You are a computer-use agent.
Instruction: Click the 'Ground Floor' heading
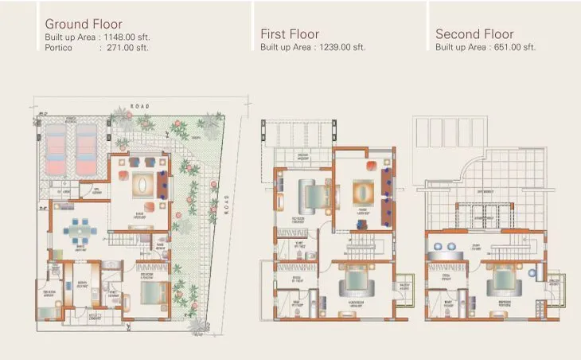84,24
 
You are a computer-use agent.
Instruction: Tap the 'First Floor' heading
290,34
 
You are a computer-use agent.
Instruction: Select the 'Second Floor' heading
474,34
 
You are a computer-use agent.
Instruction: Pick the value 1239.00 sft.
341,47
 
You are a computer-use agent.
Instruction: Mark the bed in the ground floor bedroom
149,291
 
